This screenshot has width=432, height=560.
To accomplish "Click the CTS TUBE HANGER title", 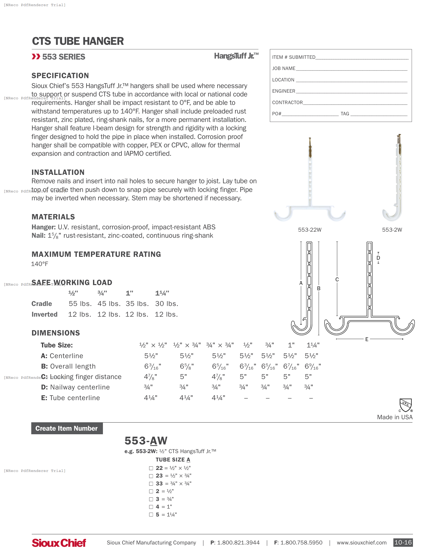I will tap(78, 41).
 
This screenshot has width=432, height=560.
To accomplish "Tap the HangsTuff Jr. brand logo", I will tap(236, 56).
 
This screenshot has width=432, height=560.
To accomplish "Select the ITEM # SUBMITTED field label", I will tap(294, 57).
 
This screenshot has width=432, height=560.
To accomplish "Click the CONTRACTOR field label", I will tap(287, 103).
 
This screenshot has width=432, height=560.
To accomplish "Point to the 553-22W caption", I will tap(310, 230).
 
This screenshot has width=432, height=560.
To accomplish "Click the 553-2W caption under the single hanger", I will tap(392, 230).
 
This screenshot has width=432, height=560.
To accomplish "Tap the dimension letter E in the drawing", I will tap(366, 339).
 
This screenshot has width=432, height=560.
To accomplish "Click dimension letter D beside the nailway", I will tap(378, 258).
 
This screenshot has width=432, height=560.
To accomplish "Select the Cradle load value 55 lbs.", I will tap(80, 304).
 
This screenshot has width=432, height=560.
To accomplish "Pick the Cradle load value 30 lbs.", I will tap(166, 304).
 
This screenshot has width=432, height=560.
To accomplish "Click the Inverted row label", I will tap(44, 315).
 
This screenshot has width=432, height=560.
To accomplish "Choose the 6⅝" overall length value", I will tap(187, 366).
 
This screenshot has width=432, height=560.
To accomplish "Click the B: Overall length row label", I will tap(68, 366).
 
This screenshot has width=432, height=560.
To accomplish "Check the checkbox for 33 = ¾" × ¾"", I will tap(151, 484).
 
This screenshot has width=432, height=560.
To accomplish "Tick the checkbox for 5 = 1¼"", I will tap(151, 515).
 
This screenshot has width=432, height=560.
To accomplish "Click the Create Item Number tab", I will tap(67, 428).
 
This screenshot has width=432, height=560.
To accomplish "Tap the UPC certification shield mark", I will tap(405, 405).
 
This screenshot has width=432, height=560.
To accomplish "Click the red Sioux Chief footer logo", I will tap(59, 543).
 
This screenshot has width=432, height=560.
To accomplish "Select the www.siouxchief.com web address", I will tap(361, 543).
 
